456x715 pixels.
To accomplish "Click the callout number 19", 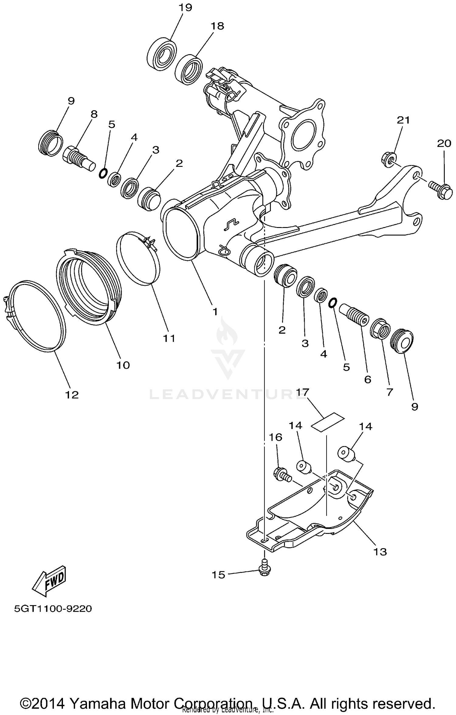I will pos(185,7).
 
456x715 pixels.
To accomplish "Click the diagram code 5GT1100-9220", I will pos(53,609).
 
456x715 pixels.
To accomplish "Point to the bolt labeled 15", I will pos(264,569).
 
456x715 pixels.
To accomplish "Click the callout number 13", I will pos(380,552).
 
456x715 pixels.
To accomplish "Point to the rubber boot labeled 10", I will pos(90,288).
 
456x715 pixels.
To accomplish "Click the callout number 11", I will pos(169,338).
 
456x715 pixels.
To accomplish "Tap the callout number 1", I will pos(215,311).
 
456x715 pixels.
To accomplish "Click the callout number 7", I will pos(389,392).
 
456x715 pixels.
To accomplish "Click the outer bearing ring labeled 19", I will pos(162,53).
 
